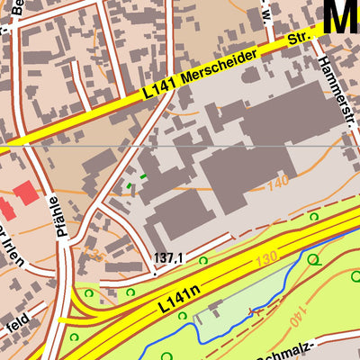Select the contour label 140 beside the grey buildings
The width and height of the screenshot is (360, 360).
(279, 184)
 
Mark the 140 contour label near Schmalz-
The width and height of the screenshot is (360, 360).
(293, 317)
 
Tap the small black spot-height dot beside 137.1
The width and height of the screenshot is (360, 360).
(154, 266)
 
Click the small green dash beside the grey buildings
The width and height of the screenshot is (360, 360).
(142, 176)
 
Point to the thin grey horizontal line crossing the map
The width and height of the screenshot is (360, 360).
(180, 144)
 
